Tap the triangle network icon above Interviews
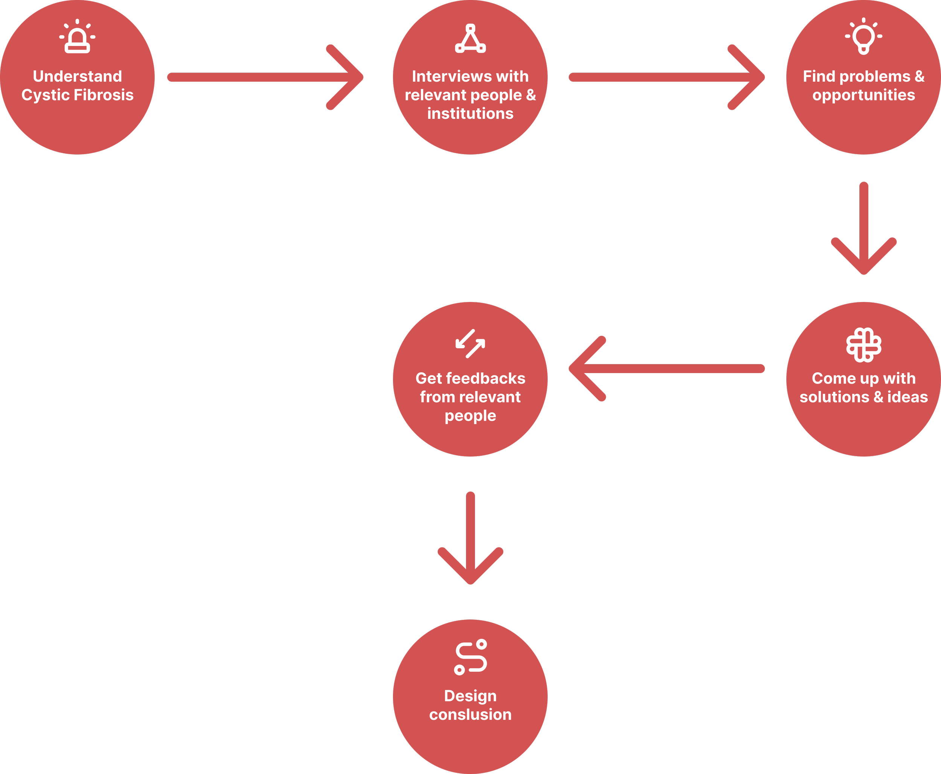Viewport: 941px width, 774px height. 470,39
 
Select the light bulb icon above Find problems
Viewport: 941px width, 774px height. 863,37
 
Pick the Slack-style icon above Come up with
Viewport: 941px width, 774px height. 863,345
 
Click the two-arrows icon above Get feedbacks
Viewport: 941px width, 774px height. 470,344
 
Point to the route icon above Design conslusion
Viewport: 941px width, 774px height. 470,657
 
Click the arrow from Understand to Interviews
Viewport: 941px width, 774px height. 265,77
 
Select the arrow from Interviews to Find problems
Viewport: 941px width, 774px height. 667,77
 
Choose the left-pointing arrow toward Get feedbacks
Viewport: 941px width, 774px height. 667,369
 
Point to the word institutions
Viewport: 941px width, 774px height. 470,114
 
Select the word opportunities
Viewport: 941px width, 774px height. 863,95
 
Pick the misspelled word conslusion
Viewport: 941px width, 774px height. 470,714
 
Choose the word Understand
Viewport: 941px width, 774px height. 77,76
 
